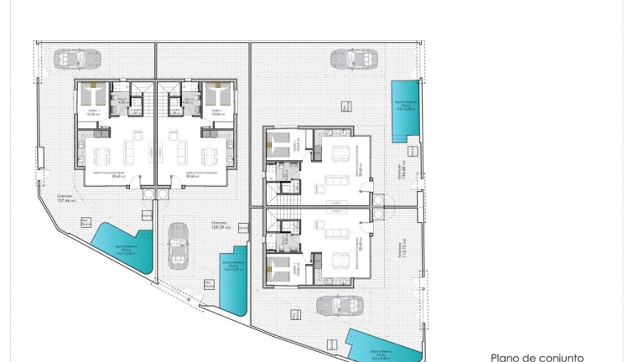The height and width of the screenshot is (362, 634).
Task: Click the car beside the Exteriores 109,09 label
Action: point(179,245)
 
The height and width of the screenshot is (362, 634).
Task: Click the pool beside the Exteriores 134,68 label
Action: point(407,110)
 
